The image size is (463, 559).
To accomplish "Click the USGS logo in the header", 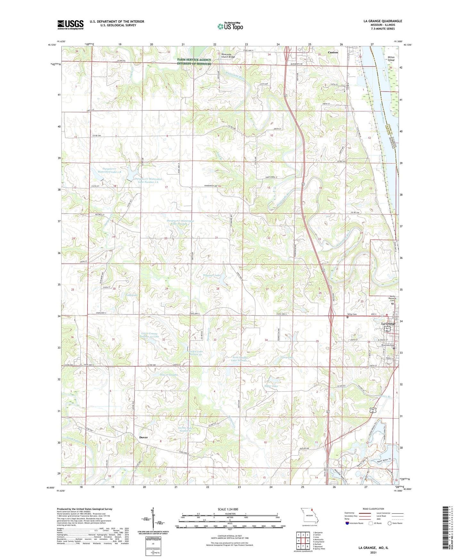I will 70,25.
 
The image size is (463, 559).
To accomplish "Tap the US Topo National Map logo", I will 230,26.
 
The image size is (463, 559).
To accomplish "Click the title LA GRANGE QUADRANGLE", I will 383,21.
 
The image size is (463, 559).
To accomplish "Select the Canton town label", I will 333,52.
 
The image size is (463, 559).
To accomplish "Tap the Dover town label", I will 143,437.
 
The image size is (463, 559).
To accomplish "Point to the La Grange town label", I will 388,324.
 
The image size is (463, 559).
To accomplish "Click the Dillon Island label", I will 391,58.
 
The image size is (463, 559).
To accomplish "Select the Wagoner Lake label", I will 212,275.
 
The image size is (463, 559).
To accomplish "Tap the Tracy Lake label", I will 286,357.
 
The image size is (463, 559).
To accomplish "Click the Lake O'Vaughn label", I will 169,375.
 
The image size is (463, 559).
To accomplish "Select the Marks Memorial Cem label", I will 393,298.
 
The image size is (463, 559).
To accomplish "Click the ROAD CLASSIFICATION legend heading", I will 373,509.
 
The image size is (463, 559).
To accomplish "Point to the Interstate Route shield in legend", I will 348,523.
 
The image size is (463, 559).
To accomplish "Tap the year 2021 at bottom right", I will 373,552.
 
